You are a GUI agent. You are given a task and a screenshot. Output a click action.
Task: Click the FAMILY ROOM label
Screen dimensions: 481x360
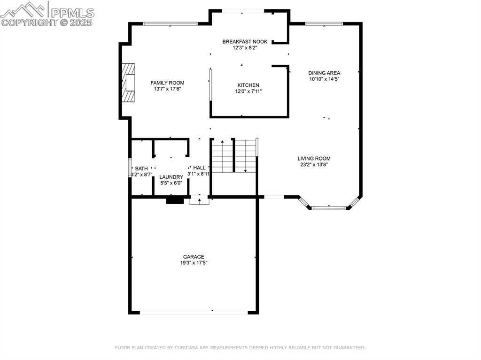pos(167,83)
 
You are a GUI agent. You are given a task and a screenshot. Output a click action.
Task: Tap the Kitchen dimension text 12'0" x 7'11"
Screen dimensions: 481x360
pos(248,91)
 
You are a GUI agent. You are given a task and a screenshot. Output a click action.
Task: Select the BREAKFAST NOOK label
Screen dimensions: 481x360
pos(245,42)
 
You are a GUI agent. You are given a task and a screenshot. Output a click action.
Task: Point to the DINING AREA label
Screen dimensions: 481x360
pos(324,73)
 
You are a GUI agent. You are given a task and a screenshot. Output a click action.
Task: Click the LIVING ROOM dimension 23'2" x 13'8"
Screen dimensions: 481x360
pos(314,165)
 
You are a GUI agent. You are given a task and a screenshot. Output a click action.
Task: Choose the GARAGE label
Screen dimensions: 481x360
pos(194,257)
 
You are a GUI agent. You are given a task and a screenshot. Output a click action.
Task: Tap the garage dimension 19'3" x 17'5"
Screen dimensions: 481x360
pos(194,263)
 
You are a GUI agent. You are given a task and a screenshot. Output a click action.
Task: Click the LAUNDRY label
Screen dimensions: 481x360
pos(171,177)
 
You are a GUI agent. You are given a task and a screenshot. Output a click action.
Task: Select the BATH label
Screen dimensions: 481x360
pos(141,169)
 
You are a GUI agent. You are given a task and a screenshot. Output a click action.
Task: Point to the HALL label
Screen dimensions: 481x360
pos(199,168)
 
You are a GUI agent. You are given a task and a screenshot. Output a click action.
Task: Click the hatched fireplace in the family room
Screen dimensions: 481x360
pos(128,82)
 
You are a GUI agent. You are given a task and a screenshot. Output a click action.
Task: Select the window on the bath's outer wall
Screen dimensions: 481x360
pos(130,168)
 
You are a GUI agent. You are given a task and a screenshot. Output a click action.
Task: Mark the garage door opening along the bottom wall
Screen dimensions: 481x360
pos(194,313)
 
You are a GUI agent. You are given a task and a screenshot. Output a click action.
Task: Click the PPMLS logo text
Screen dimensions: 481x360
pos(72,13)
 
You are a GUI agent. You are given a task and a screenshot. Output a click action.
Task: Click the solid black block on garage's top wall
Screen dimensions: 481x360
pos(175,200)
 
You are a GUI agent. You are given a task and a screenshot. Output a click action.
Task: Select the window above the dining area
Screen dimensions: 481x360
pos(324,24)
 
